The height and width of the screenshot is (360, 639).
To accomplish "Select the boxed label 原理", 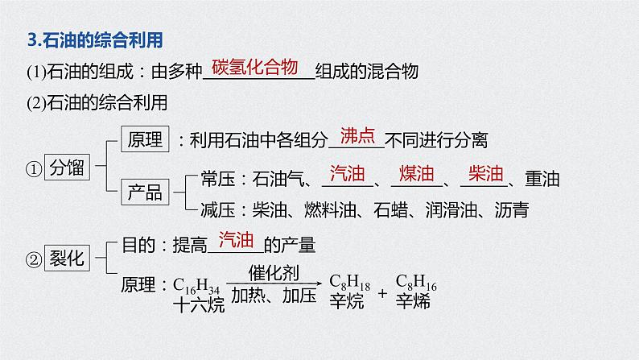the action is [144, 139].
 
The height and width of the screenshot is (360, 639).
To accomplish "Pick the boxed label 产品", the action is [144, 192].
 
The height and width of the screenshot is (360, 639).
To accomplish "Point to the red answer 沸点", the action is [358, 135].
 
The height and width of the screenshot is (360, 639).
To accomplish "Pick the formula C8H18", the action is [348, 284].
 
